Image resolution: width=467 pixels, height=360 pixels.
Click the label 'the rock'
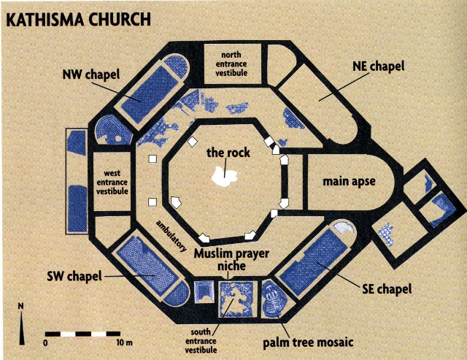tap(227, 153)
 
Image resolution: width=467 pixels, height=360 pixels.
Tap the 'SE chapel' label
tap(386, 289)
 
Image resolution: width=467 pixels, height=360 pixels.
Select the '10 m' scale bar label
tap(123, 342)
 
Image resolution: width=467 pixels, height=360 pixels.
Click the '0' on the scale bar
tap(46, 342)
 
